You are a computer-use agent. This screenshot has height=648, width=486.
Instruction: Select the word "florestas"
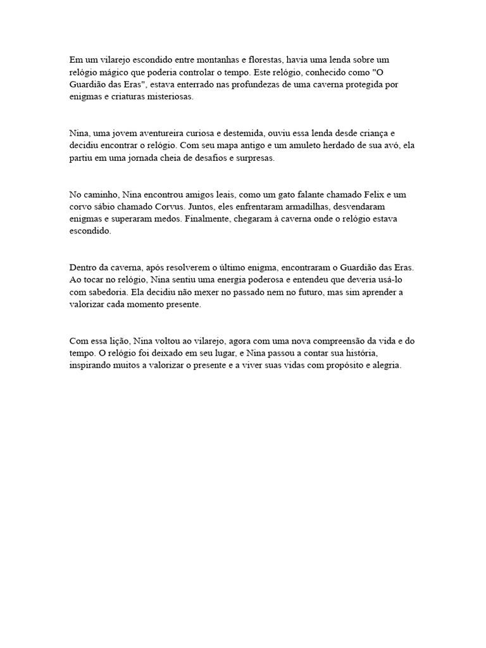(257, 59)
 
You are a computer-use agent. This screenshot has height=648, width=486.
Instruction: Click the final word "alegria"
(385, 367)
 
